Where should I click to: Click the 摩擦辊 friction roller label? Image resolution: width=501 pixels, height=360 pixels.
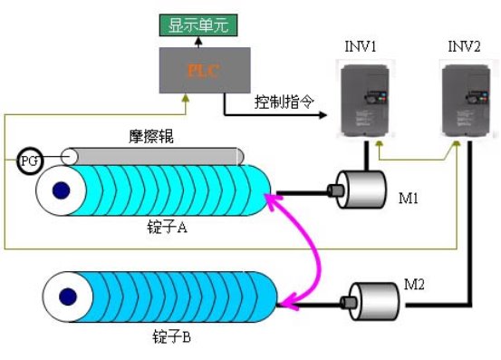(x=149, y=138)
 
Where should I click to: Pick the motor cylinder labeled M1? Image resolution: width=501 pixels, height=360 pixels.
(x=359, y=191)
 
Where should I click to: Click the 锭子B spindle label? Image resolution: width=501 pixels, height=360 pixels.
(x=170, y=337)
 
